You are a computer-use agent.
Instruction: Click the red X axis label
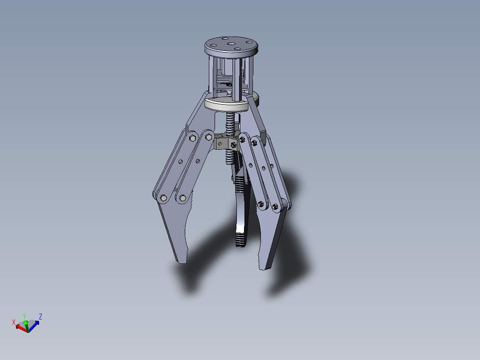tap(14, 322)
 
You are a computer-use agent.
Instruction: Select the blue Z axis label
tap(41, 317)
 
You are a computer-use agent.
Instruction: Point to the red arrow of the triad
tap(20, 327)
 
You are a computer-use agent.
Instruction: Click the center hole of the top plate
tap(231, 43)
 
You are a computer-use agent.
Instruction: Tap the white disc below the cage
tap(226, 105)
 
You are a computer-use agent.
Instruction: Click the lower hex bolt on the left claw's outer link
tap(163, 198)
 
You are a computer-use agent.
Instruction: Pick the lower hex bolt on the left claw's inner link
tap(182, 197)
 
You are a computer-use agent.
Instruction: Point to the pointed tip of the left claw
tap(183, 262)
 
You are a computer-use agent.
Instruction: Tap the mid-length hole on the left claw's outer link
tap(181, 162)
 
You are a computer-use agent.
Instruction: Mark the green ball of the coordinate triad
tap(26, 322)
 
